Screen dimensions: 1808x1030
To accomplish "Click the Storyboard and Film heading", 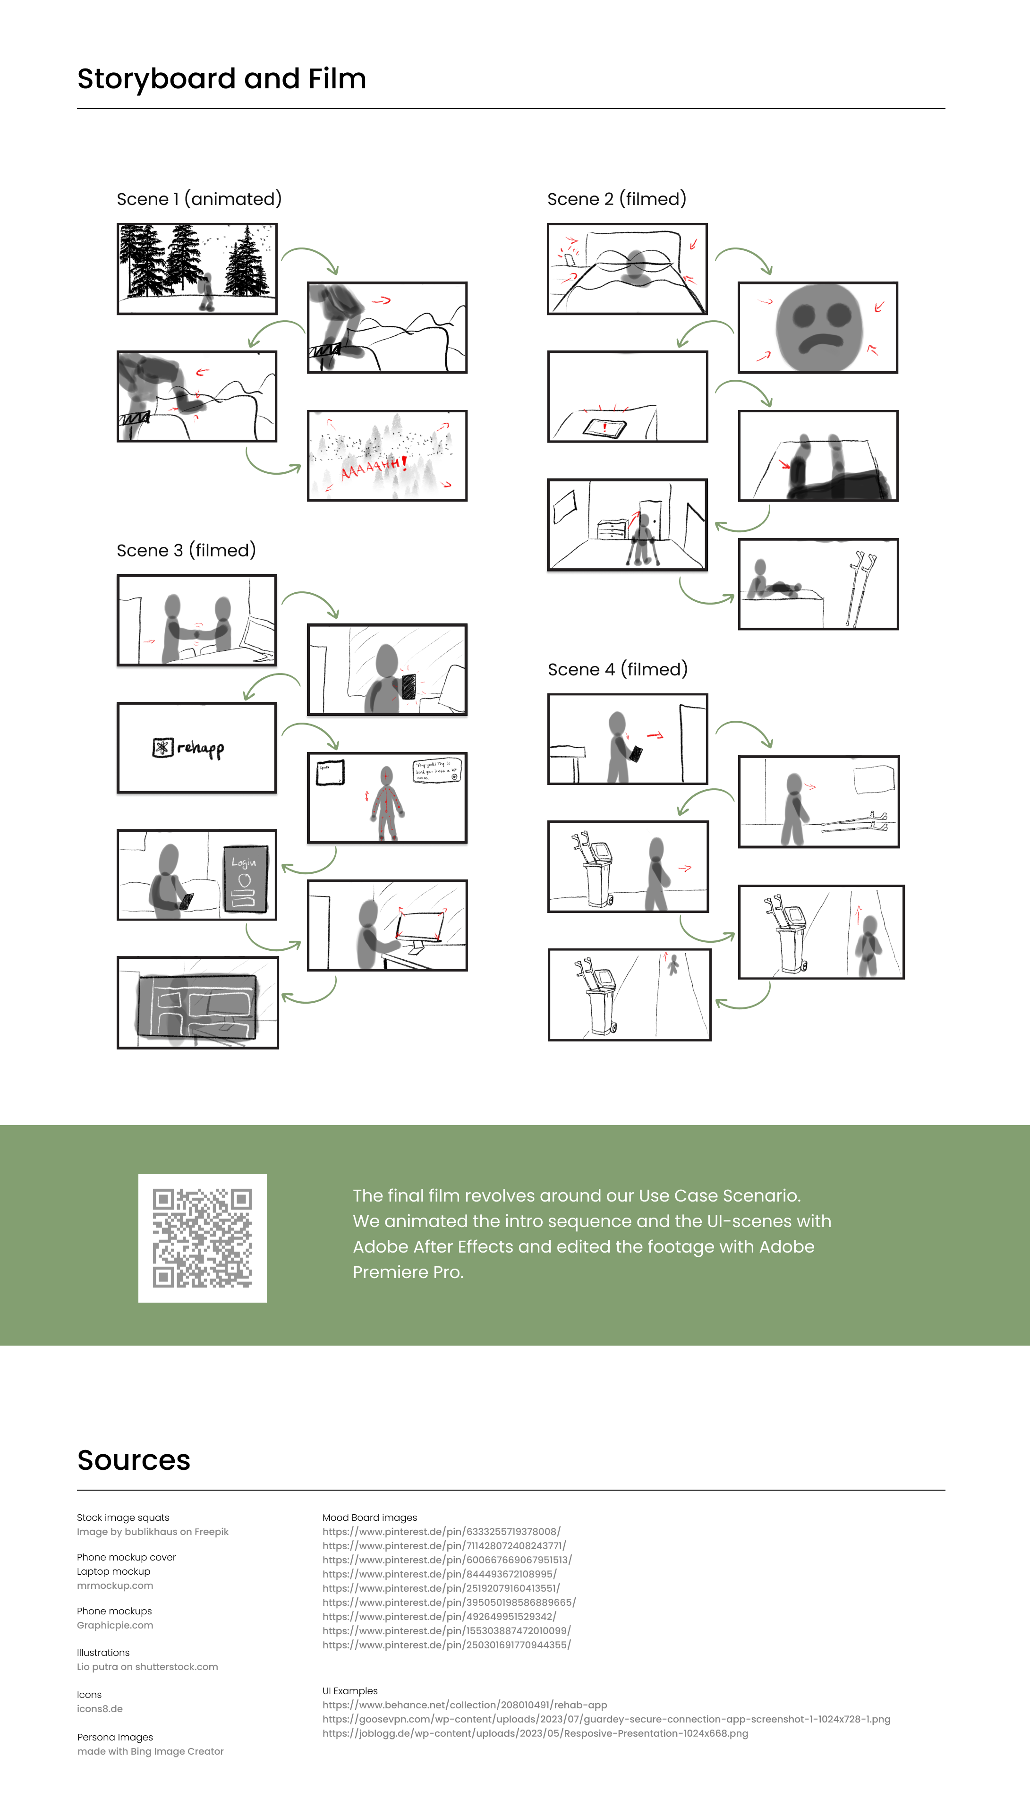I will [221, 78].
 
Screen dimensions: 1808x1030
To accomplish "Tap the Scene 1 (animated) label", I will [199, 199].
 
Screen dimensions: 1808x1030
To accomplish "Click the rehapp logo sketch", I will [189, 748].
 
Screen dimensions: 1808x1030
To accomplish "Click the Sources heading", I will [134, 1459].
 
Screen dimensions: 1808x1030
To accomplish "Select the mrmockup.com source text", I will [115, 1585].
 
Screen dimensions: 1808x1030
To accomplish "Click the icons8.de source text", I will [100, 1708].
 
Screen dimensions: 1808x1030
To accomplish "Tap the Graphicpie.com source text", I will [115, 1625].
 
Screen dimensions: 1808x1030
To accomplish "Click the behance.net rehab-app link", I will [464, 1705].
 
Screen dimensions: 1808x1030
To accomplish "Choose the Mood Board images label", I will [369, 1517].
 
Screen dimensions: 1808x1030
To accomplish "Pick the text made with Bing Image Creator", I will [150, 1751].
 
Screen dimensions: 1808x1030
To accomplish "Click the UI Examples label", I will [349, 1690].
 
